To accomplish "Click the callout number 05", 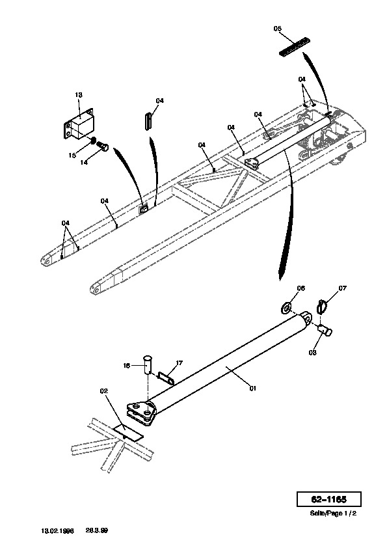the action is pyautogui.click(x=277, y=29).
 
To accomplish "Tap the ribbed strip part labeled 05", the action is pyautogui.click(x=295, y=46).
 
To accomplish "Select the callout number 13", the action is pyautogui.click(x=79, y=95).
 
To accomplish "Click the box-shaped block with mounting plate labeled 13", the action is pyautogui.click(x=79, y=124).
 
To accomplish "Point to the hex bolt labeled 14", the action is pyautogui.click(x=102, y=146).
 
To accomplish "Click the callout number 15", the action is pyautogui.click(x=72, y=155).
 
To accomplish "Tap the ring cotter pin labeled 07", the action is pyautogui.click(x=322, y=307).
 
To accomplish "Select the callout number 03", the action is pyautogui.click(x=312, y=352).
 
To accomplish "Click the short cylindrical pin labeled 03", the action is pyautogui.click(x=325, y=329).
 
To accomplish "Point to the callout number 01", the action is pyautogui.click(x=252, y=388).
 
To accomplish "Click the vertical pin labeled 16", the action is pyautogui.click(x=148, y=365).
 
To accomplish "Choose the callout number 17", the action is pyautogui.click(x=179, y=363).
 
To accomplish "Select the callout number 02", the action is pyautogui.click(x=103, y=391).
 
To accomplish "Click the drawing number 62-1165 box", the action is pyautogui.click(x=328, y=499).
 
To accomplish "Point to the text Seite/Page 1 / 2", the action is pyautogui.click(x=333, y=514).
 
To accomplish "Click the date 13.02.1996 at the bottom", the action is pyautogui.click(x=58, y=530).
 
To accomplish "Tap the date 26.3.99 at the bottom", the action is pyautogui.click(x=97, y=530).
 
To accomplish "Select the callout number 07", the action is pyautogui.click(x=342, y=288).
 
